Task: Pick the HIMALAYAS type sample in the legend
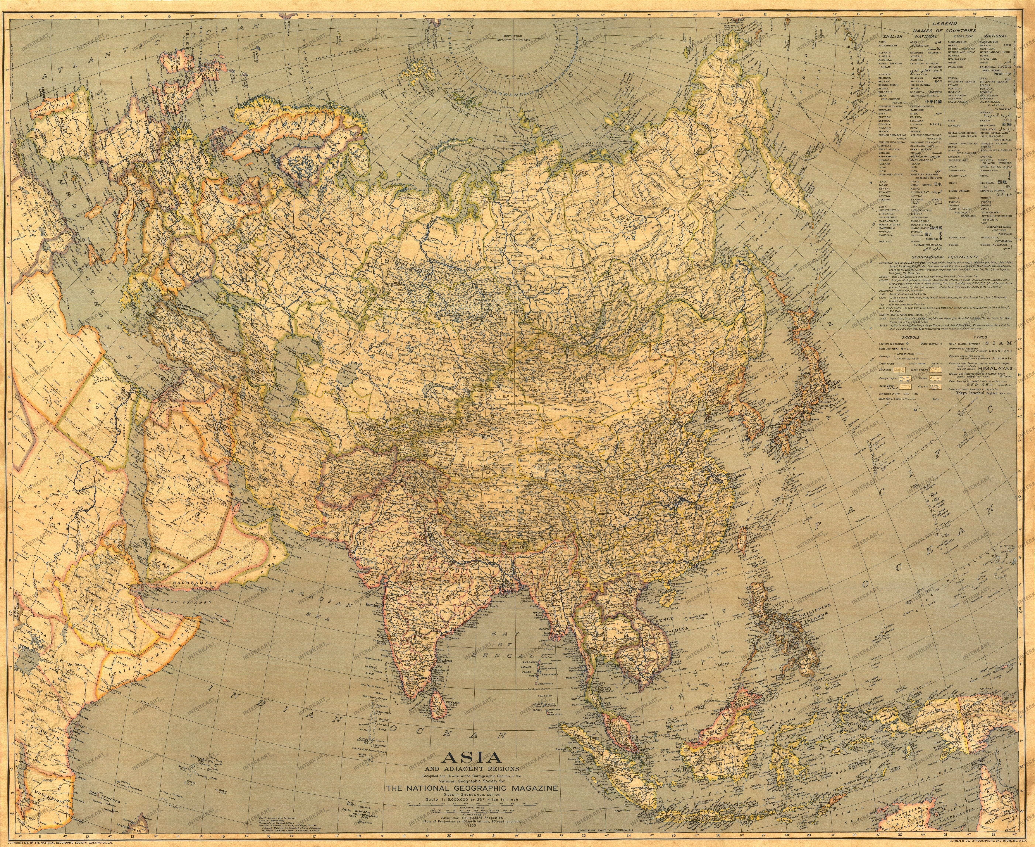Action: tap(996, 368)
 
